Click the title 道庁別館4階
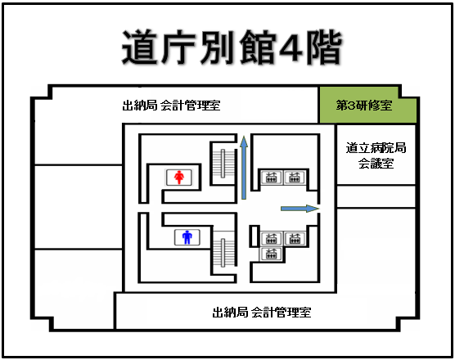tap(232, 47)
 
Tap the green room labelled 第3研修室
tap(368, 105)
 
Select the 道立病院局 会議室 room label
tap(376, 155)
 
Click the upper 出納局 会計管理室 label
tap(171, 105)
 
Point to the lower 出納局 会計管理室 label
tap(262, 312)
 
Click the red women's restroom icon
tap(179, 177)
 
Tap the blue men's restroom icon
tap(187, 237)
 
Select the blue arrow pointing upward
tap(244, 168)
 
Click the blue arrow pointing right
tap(300, 209)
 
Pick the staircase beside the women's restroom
tap(223, 164)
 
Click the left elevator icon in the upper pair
tap(272, 177)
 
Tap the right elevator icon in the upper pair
tap(295, 177)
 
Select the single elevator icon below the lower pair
tap(271, 254)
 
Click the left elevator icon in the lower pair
tap(271, 238)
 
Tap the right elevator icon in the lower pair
tap(295, 238)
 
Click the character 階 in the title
tap(325, 47)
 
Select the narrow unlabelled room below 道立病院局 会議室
tap(376, 196)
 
